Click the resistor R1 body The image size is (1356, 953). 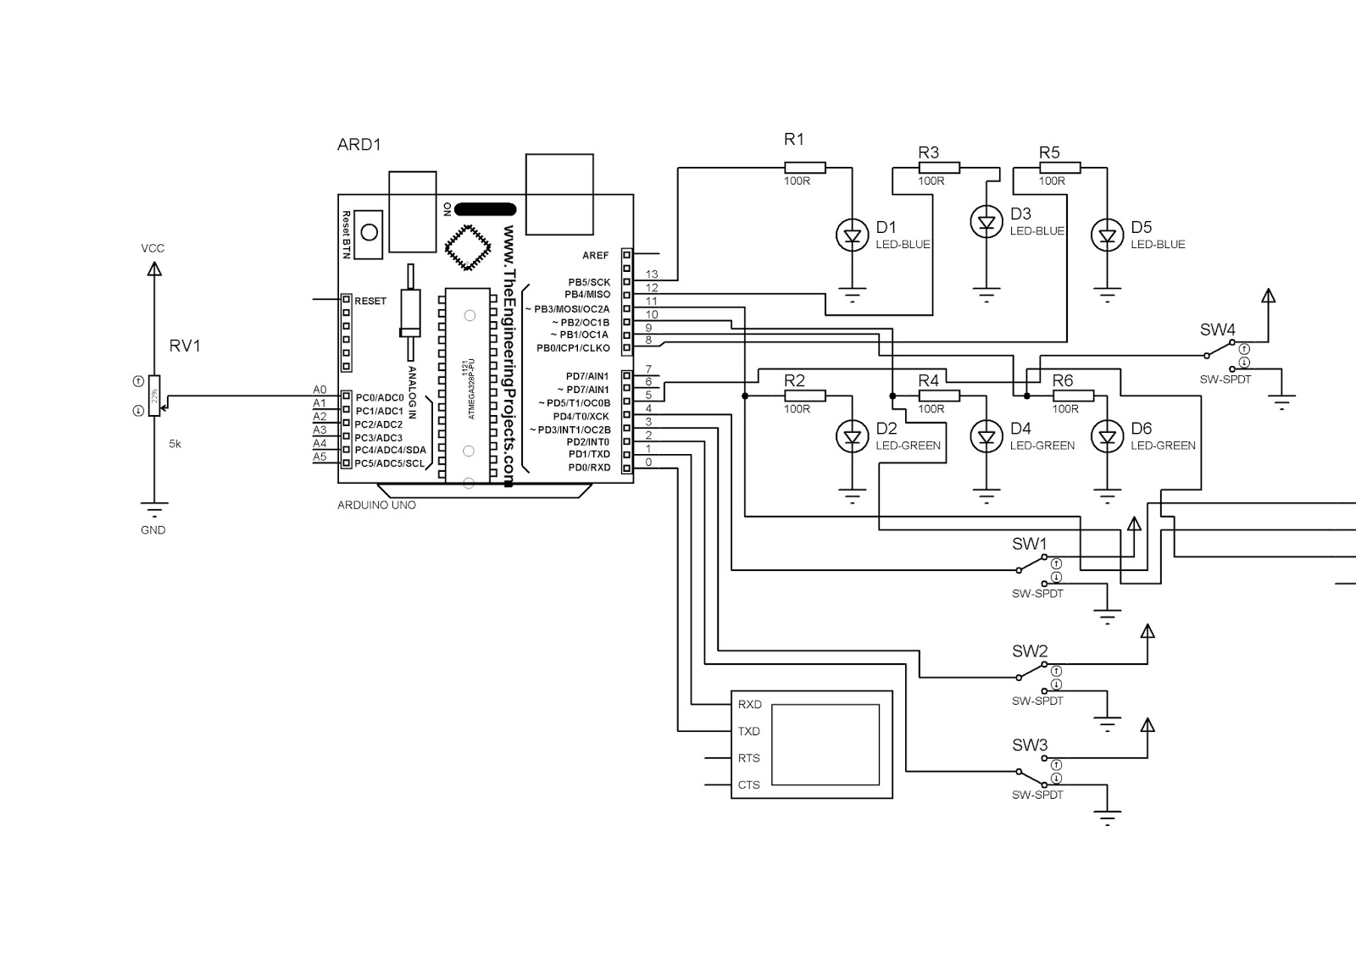(804, 168)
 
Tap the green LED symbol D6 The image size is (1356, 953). (1107, 437)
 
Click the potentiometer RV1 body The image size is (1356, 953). (154, 395)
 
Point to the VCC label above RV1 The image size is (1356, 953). (153, 248)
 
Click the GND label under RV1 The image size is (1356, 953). (153, 530)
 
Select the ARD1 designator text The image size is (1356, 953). (359, 145)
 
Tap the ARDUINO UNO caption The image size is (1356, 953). (376, 506)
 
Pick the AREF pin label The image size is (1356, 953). (595, 255)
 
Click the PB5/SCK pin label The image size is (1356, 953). (589, 282)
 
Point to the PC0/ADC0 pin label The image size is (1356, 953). (380, 397)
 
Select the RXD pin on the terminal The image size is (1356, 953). (749, 705)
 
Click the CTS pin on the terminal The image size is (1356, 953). (749, 785)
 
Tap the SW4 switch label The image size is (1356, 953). (1217, 330)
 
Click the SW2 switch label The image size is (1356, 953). (1030, 651)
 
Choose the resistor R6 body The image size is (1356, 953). (1073, 396)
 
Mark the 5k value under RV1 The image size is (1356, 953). (175, 443)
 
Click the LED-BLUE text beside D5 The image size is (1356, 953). (1158, 245)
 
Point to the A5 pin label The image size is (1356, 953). (320, 457)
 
